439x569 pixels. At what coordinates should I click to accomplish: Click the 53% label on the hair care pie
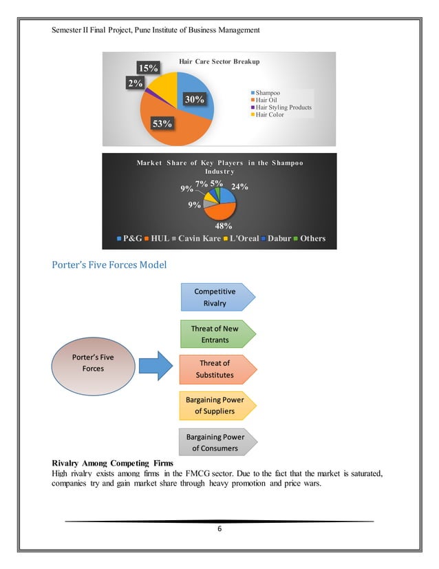click(164, 123)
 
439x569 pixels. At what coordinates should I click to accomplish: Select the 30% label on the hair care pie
click(195, 99)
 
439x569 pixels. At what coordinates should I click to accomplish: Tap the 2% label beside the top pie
click(135, 83)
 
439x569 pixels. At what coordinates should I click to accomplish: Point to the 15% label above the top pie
click(148, 68)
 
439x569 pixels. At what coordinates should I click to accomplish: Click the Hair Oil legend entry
click(266, 100)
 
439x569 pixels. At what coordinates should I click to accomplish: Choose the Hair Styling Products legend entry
click(282, 107)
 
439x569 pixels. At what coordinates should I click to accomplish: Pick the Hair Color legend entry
click(269, 114)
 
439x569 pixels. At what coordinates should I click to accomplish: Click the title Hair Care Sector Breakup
click(219, 61)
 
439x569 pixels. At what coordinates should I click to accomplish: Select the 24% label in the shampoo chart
click(239, 186)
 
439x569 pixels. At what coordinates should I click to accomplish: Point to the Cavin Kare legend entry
click(200, 238)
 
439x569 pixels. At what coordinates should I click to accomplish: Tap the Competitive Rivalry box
click(218, 297)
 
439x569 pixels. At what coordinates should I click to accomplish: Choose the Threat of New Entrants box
click(218, 334)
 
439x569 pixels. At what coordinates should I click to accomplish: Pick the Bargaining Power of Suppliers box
click(218, 405)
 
